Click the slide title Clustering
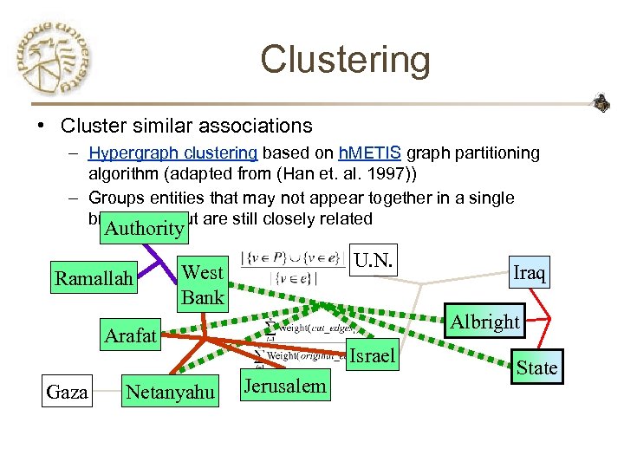344,60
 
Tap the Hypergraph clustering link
172,153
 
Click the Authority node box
143,228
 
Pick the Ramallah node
94,278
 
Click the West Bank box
203,284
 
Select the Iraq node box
529,272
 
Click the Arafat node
130,335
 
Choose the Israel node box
370,355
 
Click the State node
536,367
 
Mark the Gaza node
68,393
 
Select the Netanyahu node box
170,393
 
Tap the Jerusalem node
286,387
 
